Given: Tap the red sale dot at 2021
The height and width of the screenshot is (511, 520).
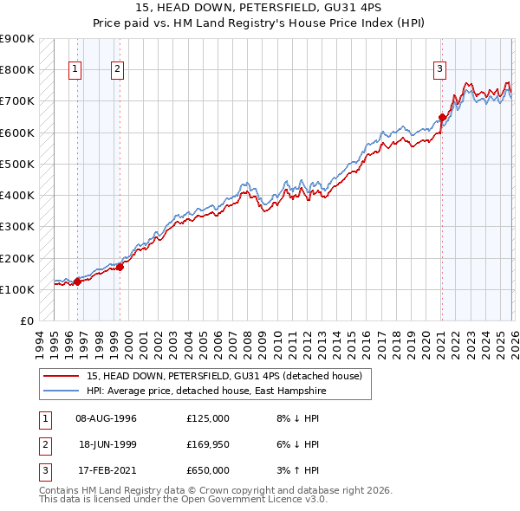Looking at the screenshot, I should click(x=442, y=117).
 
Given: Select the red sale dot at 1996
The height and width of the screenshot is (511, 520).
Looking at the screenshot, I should click(x=77, y=281).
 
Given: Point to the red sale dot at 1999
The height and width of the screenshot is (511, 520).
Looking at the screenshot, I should click(x=120, y=267).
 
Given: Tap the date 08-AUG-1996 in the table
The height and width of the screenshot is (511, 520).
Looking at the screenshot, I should click(x=106, y=417).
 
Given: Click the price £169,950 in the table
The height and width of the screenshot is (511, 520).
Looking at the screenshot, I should click(x=208, y=444).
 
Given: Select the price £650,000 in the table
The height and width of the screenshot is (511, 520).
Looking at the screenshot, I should click(x=208, y=470).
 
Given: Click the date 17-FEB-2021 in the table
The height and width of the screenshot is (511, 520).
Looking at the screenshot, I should click(x=106, y=470).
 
